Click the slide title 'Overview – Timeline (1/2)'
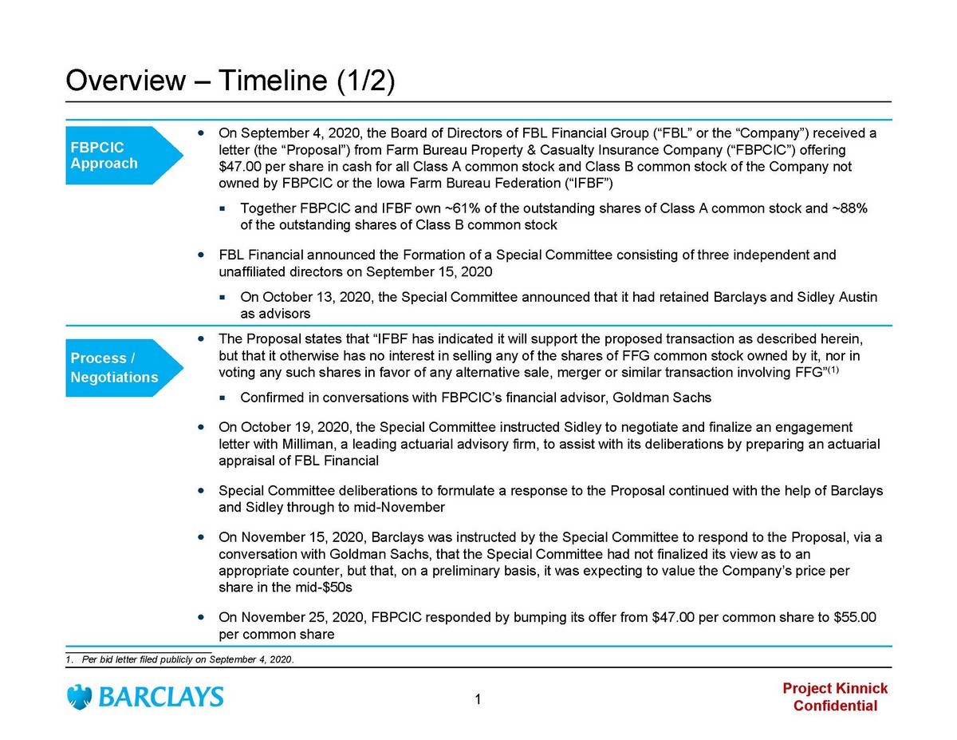pos(230,81)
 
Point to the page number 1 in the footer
pos(477,701)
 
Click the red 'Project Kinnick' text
pos(834,689)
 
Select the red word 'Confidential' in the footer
pos(835,706)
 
